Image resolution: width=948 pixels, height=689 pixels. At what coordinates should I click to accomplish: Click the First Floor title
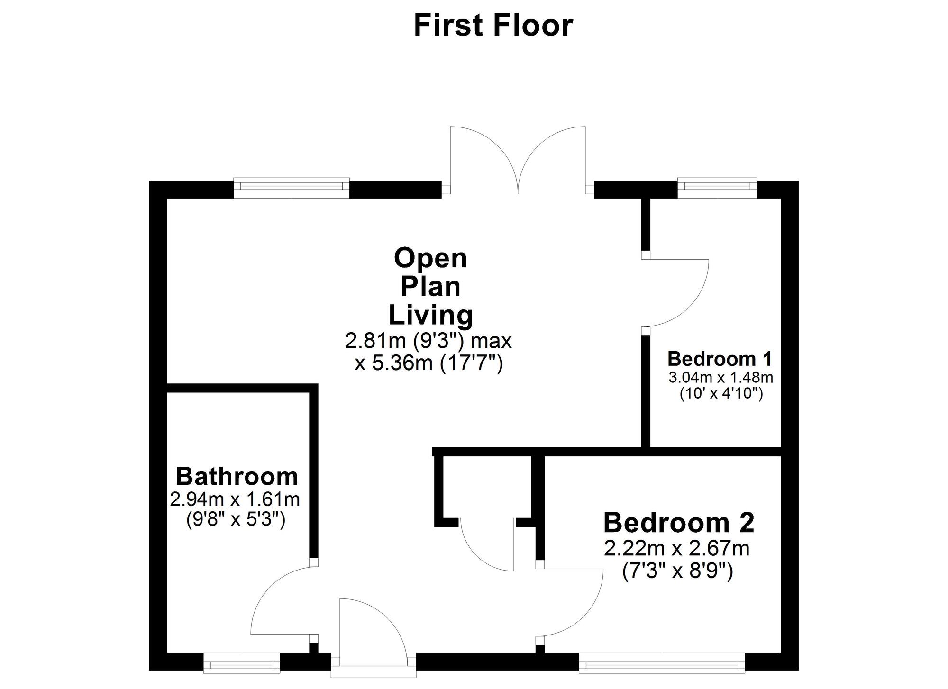[493, 26]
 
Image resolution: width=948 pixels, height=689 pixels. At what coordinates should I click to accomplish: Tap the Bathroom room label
[237, 477]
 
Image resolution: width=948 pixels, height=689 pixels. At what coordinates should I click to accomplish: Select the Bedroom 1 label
[720, 359]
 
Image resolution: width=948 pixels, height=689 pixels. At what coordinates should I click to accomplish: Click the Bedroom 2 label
[679, 523]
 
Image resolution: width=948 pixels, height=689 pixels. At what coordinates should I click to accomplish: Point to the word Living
[430, 315]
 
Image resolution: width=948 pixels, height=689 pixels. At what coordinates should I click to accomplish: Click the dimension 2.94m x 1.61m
[235, 499]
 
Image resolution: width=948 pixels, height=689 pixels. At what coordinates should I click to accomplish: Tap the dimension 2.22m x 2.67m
[677, 549]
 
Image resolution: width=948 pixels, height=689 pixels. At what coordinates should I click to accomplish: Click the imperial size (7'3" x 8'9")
[677, 571]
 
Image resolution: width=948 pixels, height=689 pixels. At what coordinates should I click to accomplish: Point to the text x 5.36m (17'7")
[428, 363]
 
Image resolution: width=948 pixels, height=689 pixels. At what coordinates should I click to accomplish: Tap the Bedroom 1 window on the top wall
[717, 188]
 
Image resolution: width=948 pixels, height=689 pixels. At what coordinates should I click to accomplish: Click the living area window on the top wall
[292, 188]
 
